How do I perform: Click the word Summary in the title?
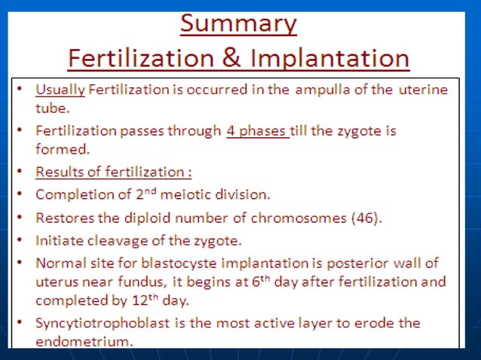point(238,24)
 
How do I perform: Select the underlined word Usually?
point(60,90)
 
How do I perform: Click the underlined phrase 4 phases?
point(257,130)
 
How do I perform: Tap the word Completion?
point(70,195)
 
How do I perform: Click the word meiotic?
point(185,195)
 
